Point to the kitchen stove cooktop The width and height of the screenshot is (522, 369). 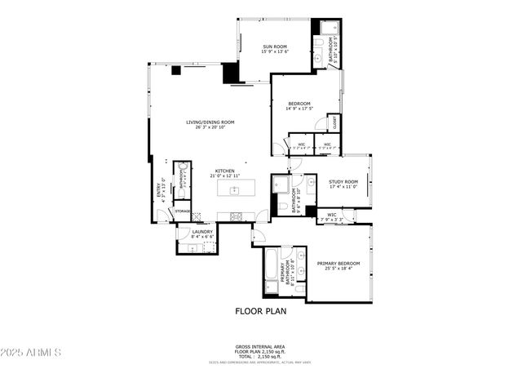[237, 216]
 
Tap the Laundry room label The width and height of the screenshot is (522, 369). [202, 232]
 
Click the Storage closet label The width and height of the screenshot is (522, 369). [183, 211]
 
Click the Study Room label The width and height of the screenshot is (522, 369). [343, 182]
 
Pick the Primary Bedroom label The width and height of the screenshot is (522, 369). [338, 264]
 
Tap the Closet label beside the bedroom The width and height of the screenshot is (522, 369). [334, 123]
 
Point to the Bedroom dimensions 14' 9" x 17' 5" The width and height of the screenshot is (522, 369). [299, 109]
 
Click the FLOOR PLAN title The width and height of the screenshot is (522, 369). [260, 311]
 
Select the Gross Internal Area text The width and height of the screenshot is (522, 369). [260, 346]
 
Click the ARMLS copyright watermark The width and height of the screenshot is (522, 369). [32, 353]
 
